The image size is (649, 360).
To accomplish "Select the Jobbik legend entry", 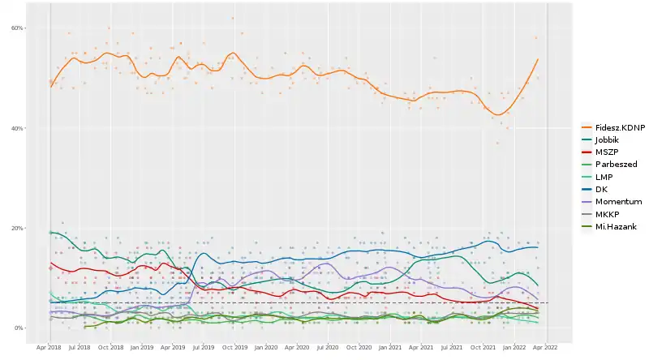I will pos(607,139).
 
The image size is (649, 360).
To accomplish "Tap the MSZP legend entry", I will pos(606,152).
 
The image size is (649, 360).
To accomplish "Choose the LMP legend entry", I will pos(604,176).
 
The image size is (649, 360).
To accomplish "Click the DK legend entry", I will pos(601,189).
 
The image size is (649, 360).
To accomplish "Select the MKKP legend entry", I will pos(607,213).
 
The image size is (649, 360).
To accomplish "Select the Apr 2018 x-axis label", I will pos(49,347).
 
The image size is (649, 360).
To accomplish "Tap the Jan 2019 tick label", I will pos(141,347).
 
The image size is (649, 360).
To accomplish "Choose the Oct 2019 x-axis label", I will pos(234,347).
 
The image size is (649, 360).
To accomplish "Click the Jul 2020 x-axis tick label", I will pos(327,347).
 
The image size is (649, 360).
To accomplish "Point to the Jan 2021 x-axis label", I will pos(390,347).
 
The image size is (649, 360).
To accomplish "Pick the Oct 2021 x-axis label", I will pos(483,347).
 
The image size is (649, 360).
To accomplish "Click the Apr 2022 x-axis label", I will pos(545,347).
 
